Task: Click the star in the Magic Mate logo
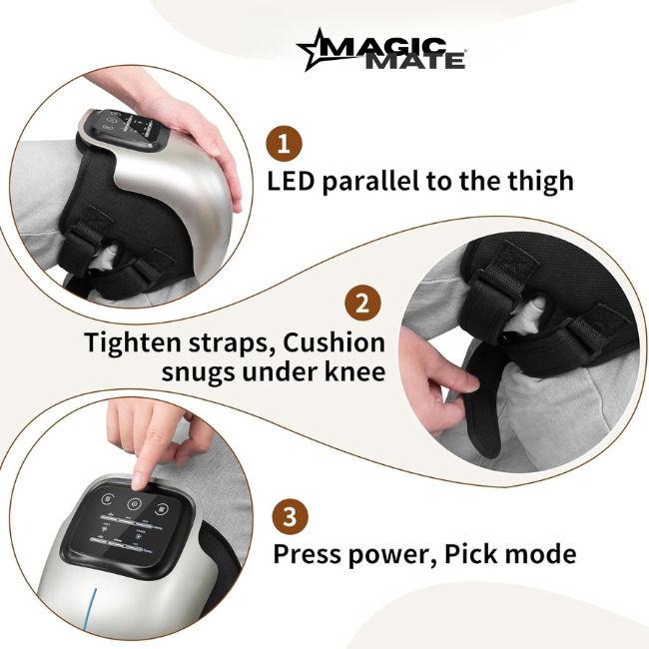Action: [319, 49]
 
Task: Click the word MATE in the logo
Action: [427, 60]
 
